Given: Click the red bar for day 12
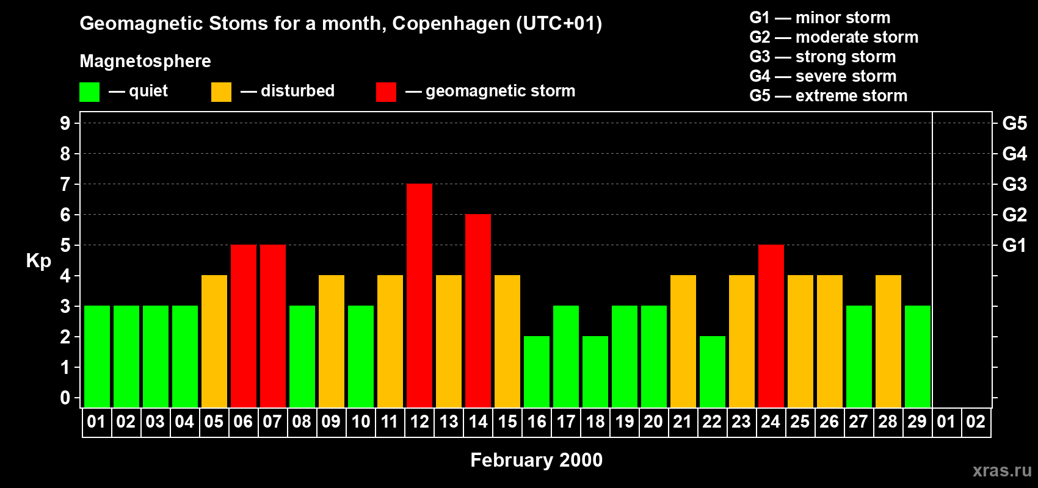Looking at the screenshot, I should (419, 295).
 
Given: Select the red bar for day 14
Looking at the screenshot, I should (478, 310).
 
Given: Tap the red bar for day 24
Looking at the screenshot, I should (771, 326).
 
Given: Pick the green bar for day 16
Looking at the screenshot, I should (537, 371).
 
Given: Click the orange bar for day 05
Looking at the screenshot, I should (214, 341).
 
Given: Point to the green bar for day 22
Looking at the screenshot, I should (713, 371).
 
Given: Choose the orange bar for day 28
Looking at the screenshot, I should (888, 341).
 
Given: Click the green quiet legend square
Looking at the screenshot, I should (90, 92).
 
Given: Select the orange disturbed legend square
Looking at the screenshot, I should (221, 92).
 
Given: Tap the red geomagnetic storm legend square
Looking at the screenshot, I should (386, 92).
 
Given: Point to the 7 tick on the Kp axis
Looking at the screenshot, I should (65, 184).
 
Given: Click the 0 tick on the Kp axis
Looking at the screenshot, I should (65, 398).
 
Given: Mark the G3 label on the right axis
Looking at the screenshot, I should (1014, 184).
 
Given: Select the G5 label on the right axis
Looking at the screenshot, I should (1014, 123).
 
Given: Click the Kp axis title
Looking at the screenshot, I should (38, 260).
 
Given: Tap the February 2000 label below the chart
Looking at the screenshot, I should (536, 460).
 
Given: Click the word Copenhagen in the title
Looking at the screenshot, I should (451, 24).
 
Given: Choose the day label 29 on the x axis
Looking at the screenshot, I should (917, 422).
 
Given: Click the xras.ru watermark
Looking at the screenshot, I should (1002, 470).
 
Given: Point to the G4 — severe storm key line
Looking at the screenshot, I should (822, 76).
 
